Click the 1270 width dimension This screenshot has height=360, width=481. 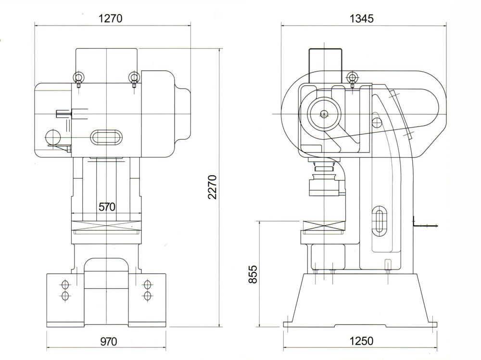coord(111,19)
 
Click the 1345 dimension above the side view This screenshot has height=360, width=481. coord(362,19)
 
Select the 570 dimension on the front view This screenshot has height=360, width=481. coord(107,207)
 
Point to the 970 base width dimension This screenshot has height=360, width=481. coord(108,342)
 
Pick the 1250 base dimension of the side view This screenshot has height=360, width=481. coord(361,341)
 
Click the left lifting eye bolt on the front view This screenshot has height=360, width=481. coord(77,77)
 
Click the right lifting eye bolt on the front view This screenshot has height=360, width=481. coord(134,77)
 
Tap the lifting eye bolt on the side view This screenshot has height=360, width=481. coord(353,77)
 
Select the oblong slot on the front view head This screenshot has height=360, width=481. coord(106,137)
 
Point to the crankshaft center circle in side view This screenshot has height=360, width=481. coord(325,114)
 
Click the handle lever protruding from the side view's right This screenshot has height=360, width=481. coord(426,224)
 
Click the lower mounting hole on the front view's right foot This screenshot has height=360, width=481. coord(147,295)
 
